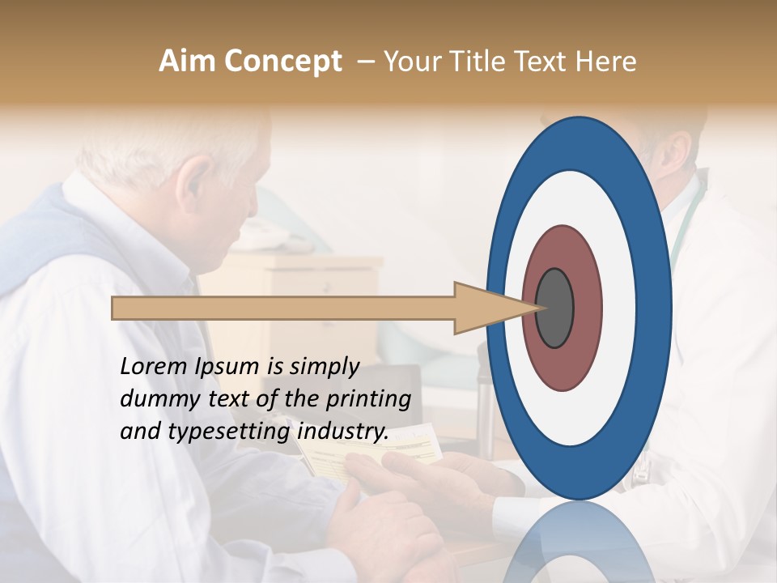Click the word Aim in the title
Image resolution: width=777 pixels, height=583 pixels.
(189, 62)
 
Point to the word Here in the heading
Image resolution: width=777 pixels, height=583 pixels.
(606, 62)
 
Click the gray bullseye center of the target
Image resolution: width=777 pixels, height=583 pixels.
(554, 309)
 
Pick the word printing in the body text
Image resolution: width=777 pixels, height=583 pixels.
(368, 399)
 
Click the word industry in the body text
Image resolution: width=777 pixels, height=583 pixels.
(342, 432)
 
